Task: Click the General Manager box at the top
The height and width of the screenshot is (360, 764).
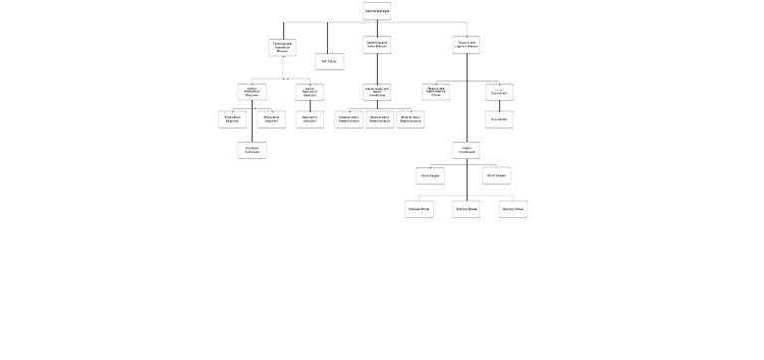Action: [377, 11]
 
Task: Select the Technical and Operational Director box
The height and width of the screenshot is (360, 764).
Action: [283, 47]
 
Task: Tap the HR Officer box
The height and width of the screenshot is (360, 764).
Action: [329, 61]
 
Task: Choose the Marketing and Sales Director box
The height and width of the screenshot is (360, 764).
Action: [377, 45]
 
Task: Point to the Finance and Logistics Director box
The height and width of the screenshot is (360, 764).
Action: [466, 45]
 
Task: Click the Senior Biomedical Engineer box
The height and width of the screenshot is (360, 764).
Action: [252, 91]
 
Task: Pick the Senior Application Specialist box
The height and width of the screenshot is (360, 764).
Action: [309, 91]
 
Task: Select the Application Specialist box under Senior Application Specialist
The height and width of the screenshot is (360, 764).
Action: [309, 119]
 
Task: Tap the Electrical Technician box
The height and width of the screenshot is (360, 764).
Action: [252, 150]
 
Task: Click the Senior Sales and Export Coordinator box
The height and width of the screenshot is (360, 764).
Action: [377, 91]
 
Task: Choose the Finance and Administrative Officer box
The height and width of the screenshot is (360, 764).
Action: [436, 91]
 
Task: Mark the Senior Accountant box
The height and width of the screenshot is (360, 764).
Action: [499, 91]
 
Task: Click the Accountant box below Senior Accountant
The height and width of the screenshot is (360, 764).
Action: [499, 119]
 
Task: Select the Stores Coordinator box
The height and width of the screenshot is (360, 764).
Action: [466, 150]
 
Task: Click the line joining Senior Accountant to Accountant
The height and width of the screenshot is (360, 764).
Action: [499, 105]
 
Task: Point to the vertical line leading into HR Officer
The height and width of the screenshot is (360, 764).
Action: [327, 38]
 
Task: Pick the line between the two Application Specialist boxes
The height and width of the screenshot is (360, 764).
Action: [309, 105]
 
